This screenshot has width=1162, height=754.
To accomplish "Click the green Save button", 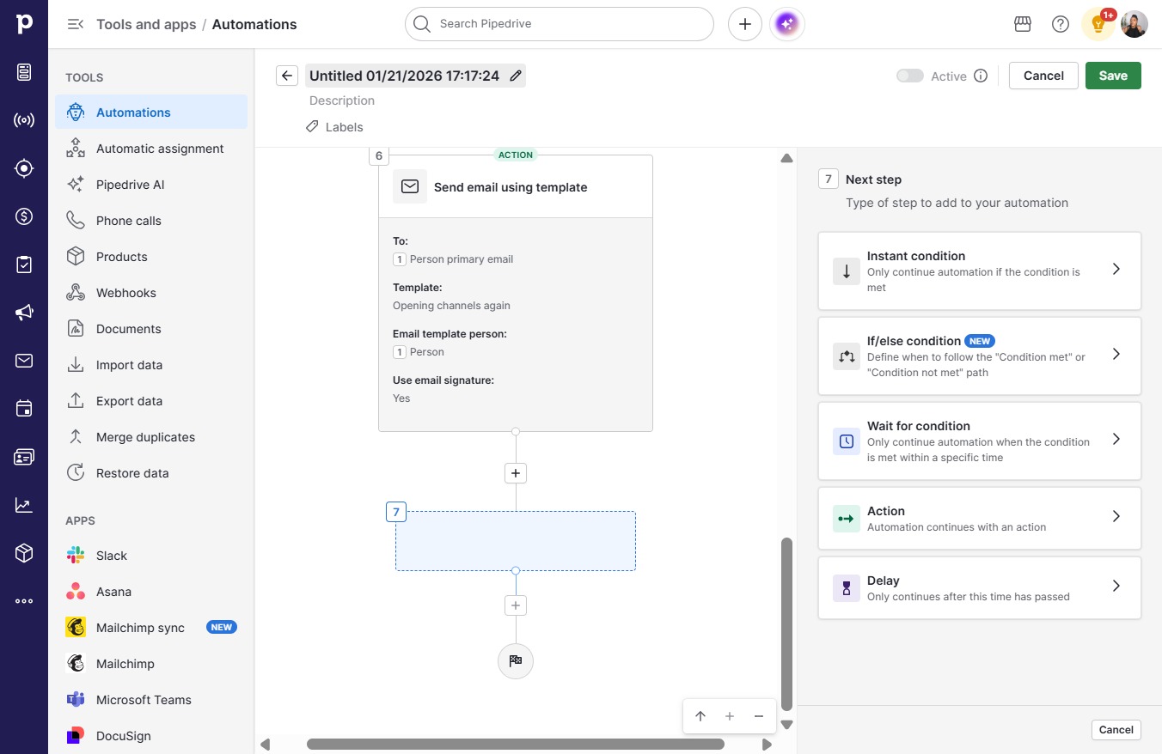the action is click(1113, 76).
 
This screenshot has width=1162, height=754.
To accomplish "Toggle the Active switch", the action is click(910, 76).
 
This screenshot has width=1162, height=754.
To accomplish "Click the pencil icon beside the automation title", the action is click(515, 76).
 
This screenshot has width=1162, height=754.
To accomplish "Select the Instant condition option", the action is click(979, 271).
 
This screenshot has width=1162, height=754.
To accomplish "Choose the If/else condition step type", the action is click(979, 356).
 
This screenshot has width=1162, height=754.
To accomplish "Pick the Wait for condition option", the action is click(979, 441).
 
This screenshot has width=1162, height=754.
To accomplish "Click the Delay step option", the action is click(979, 587).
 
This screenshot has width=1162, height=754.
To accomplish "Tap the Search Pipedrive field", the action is click(560, 24).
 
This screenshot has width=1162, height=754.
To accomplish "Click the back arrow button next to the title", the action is click(287, 76).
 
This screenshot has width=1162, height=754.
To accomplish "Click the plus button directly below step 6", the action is click(515, 473).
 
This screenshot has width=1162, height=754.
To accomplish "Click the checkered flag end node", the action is click(515, 660).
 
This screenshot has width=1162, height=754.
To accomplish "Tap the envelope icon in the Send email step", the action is click(410, 186).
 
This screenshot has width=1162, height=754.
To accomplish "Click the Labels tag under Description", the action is click(334, 127).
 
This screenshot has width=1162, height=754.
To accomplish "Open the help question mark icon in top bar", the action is click(1060, 24).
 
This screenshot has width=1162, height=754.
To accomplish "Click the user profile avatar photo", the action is click(1134, 24).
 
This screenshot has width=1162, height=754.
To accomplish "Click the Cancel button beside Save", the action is click(1043, 76).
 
